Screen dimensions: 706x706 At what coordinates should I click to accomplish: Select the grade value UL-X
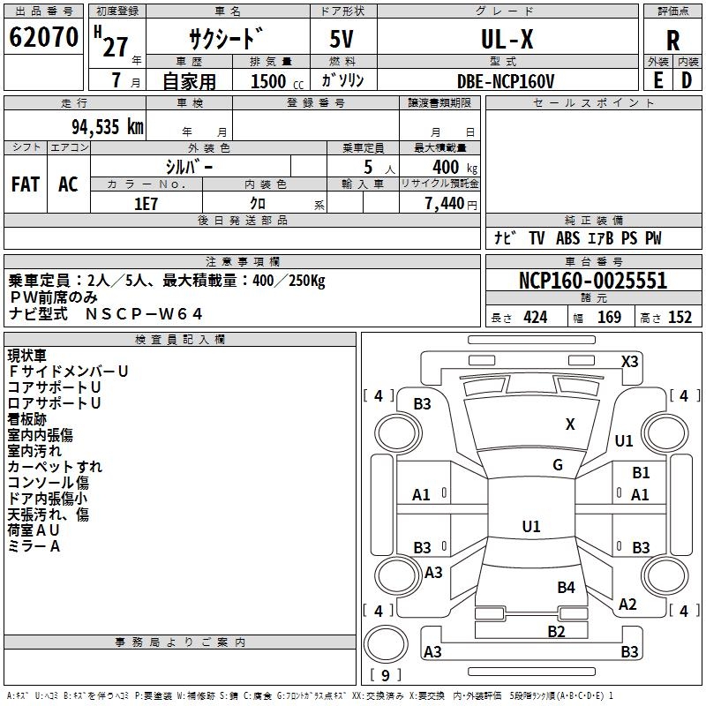(x=506, y=40)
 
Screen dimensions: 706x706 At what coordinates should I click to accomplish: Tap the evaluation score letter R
(x=672, y=41)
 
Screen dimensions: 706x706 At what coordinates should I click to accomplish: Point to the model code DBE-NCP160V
(x=506, y=80)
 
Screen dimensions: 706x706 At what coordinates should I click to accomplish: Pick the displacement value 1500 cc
(x=276, y=81)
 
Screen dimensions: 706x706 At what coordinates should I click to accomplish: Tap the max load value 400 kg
(x=451, y=167)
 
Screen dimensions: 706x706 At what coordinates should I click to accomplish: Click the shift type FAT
(x=25, y=184)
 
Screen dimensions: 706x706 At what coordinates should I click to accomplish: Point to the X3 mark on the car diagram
(x=629, y=361)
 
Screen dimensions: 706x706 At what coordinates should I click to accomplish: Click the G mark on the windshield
(x=558, y=465)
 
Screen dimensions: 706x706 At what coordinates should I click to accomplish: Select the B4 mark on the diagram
(x=566, y=587)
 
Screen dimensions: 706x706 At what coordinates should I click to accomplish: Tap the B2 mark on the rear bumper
(x=556, y=631)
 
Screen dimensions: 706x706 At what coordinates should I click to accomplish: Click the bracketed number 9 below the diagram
(x=386, y=676)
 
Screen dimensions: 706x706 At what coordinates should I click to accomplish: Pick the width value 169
(x=610, y=318)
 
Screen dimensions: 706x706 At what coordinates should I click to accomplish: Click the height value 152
(x=680, y=318)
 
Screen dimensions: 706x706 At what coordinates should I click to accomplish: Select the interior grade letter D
(x=687, y=80)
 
